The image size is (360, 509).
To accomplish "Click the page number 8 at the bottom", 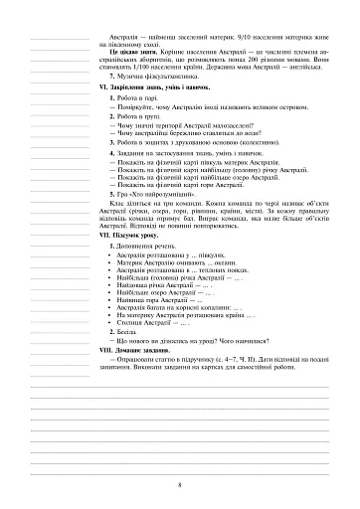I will click(179, 484).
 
